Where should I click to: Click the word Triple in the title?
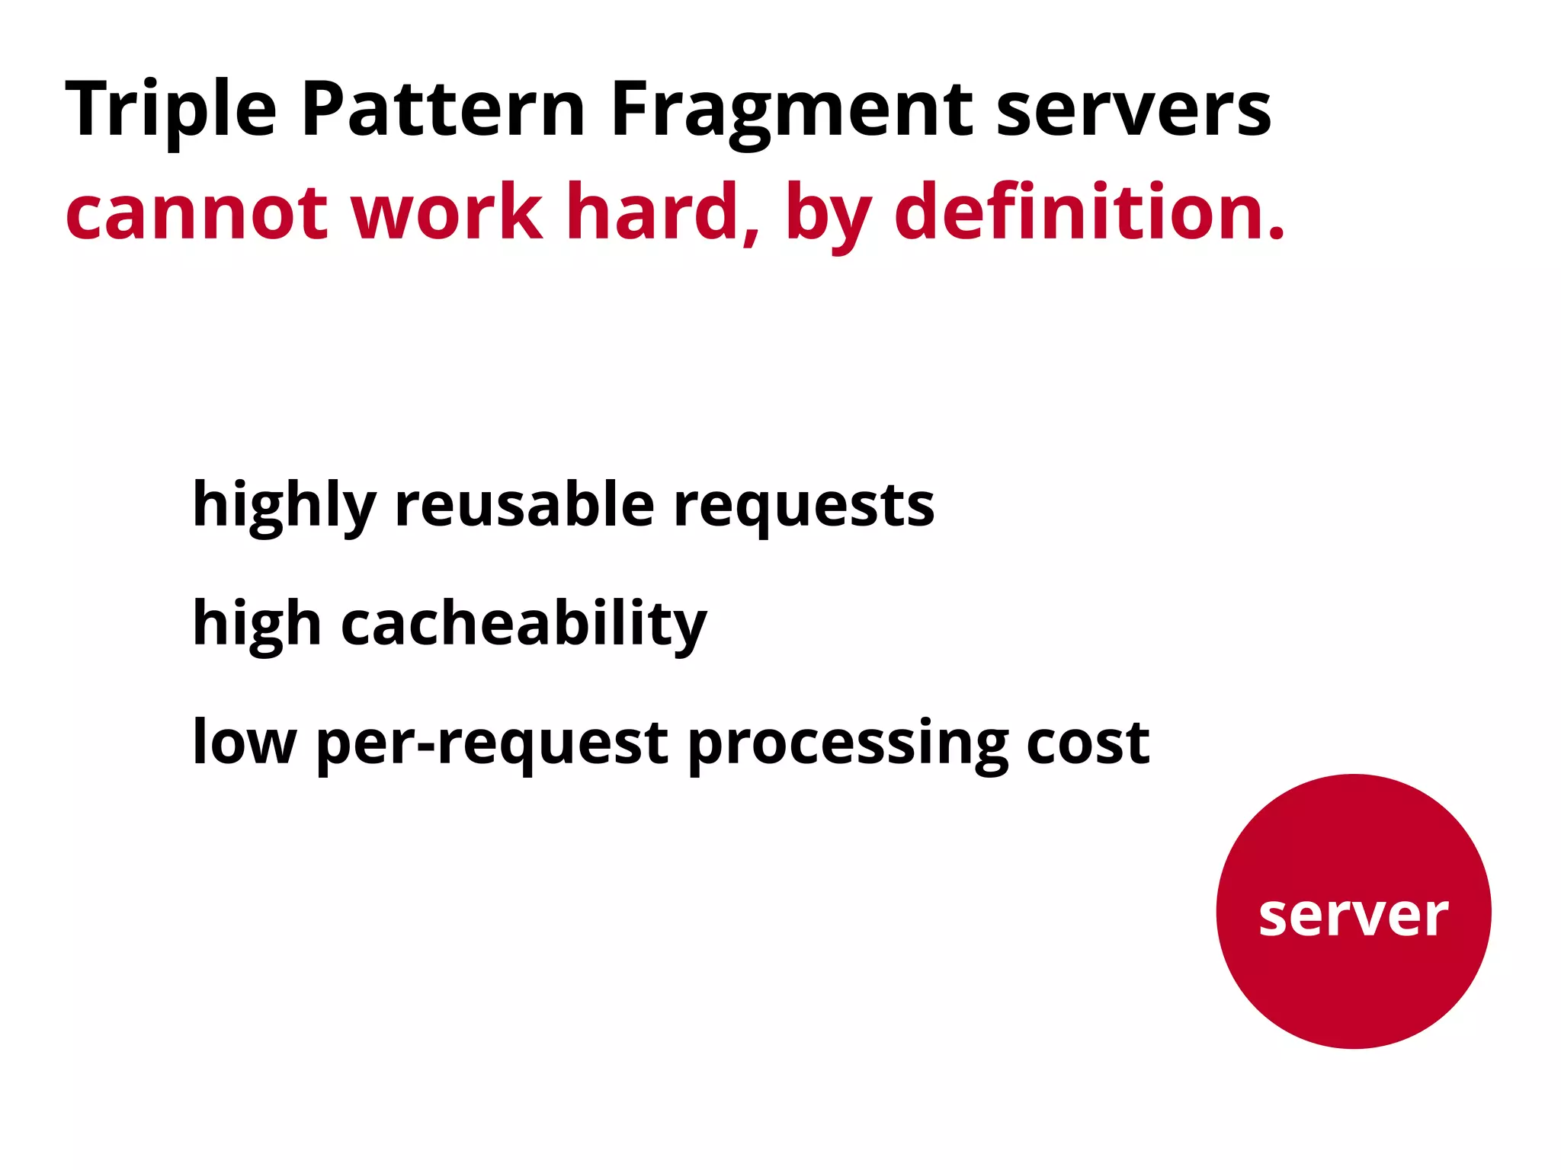click(x=171, y=110)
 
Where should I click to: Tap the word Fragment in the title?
click(x=792, y=110)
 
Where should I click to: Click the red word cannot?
click(x=197, y=213)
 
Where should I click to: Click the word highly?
click(x=284, y=506)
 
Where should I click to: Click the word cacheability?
click(x=524, y=625)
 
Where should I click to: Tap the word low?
click(x=244, y=742)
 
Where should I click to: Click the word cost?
click(x=1088, y=743)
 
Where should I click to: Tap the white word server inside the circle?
click(x=1353, y=915)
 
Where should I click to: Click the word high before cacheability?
click(x=257, y=625)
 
